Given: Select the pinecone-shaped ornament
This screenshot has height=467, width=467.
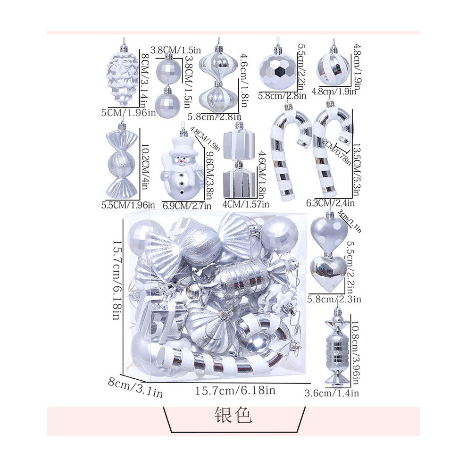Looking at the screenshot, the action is point(123,77).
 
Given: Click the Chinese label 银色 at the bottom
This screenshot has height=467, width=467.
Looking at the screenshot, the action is point(233,415).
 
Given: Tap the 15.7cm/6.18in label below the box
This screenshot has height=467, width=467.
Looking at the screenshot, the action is point(235,391).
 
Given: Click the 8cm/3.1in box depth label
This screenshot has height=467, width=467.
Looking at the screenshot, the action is point(135,387).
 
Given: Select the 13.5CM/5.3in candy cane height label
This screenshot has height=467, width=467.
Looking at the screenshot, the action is point(357,170).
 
